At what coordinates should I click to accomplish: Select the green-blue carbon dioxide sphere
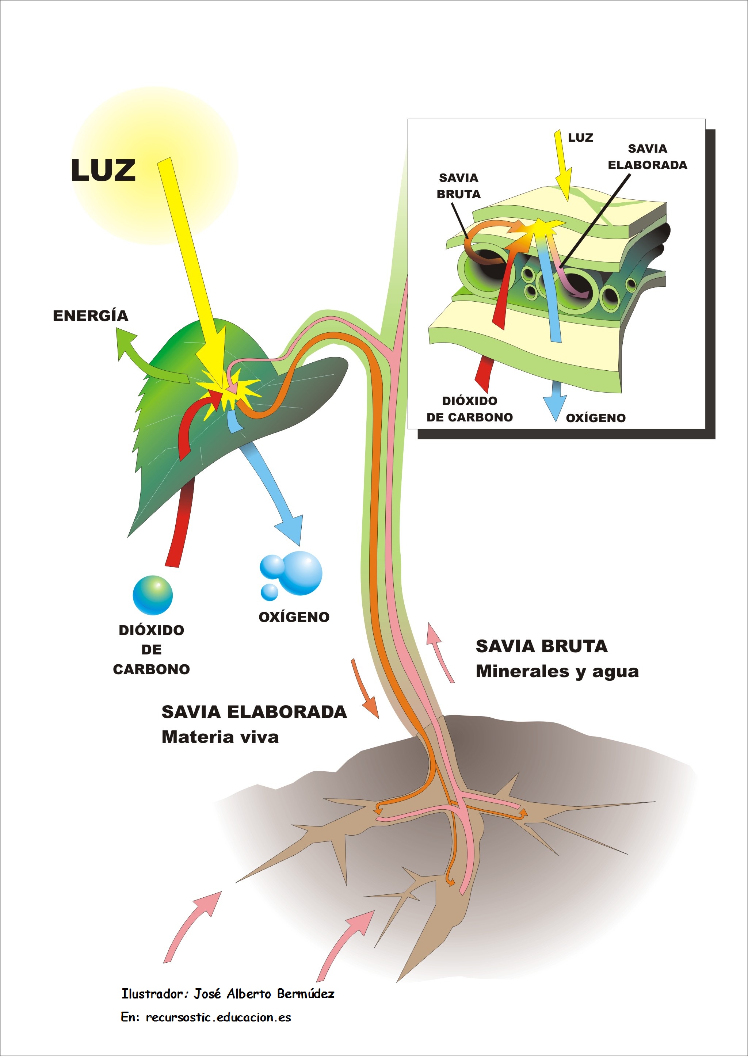[153, 595]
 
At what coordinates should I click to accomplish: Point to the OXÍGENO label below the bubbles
[294, 617]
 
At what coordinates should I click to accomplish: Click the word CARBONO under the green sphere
[151, 669]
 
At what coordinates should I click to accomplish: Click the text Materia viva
[220, 737]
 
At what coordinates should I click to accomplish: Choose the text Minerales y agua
[557, 671]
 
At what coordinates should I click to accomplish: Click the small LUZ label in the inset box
[580, 138]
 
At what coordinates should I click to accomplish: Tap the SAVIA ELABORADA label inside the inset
[647, 157]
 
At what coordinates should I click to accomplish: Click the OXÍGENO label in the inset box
[595, 418]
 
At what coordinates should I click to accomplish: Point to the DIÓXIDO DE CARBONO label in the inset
[469, 409]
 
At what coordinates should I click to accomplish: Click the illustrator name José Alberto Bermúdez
[264, 994]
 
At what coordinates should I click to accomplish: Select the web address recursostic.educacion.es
[218, 1017]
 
